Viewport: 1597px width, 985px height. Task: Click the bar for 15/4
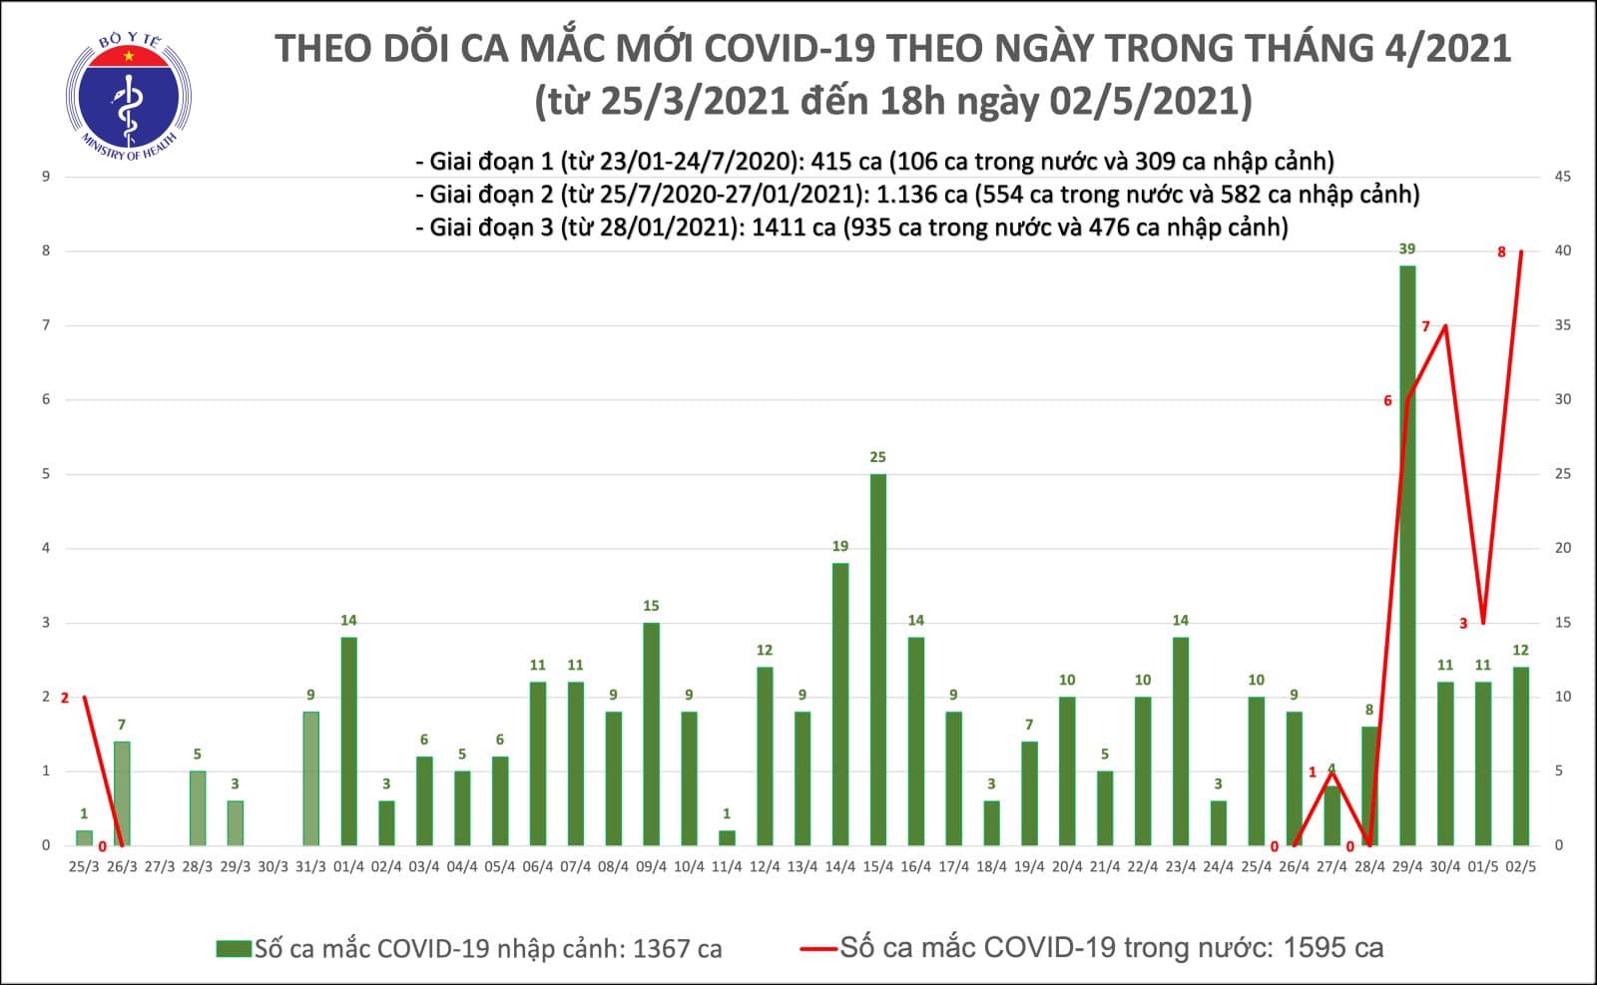coord(877,659)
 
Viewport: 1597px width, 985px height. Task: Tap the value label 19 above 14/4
coord(840,546)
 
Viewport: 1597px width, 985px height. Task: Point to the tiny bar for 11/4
coord(727,837)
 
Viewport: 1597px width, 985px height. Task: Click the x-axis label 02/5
coord(1520,867)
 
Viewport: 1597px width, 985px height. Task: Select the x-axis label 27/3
coord(160,867)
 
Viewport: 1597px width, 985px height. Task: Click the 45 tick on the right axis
coord(1563,177)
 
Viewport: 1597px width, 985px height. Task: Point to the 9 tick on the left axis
coord(46,177)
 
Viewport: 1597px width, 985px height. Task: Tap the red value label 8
coord(1501,252)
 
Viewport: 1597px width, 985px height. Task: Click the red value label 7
coord(1425,326)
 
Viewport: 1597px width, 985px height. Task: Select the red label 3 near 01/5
coord(1463,624)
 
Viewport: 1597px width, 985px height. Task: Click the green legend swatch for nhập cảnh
coord(234,948)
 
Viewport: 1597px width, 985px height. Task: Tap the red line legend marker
coord(818,948)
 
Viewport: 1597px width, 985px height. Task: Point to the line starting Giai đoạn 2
coord(916,194)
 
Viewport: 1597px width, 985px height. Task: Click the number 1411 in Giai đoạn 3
coord(780,228)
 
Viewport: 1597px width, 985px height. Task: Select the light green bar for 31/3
coord(310,778)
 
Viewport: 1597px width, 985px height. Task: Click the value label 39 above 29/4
coord(1406,248)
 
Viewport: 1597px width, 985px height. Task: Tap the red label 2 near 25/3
coord(65,698)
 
